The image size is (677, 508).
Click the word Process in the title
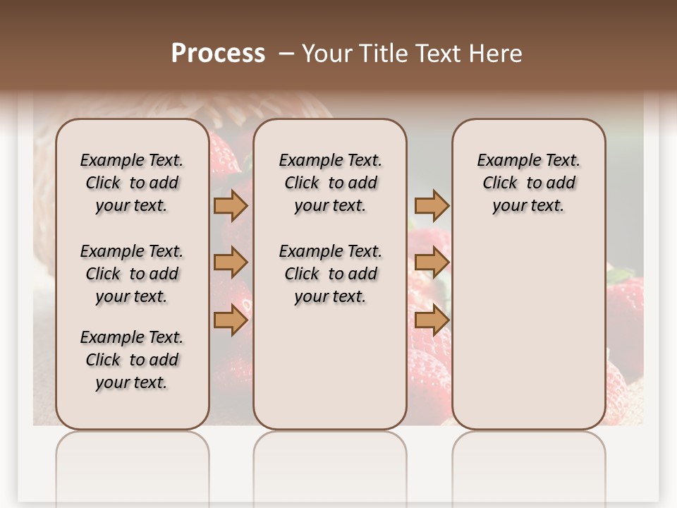pos(218,53)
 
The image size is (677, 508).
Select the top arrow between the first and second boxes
pos(230,205)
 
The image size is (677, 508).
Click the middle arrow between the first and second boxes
pos(230,262)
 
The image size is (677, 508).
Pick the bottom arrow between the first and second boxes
pos(230,320)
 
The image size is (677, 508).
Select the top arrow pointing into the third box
pos(432,205)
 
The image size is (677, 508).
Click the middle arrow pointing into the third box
pos(432,262)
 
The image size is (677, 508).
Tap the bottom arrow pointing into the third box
pos(432,320)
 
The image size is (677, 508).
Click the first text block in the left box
pos(132,183)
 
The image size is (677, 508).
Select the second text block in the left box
pos(132,274)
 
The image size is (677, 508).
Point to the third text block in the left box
pos(132,360)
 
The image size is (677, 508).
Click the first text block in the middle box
pos(331,183)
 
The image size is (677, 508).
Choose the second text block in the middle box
pos(331,274)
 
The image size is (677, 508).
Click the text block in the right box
pos(529,183)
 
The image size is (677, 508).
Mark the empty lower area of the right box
pos(529,332)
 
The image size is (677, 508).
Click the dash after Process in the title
pos(286,54)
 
